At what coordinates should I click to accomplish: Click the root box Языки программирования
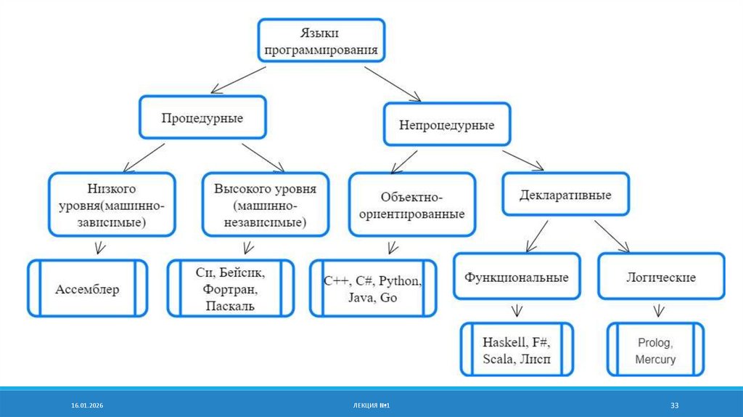321,41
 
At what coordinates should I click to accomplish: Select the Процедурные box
203,117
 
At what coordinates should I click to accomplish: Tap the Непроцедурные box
447,124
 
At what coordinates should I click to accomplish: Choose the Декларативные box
565,195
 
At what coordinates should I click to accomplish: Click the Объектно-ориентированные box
412,204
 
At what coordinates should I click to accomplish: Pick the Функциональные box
517,277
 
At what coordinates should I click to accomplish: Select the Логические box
661,277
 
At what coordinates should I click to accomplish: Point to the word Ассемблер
87,289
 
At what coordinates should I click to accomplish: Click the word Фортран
230,289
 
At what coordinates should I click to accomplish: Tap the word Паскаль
230,306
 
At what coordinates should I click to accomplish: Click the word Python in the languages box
400,281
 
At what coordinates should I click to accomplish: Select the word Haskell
504,342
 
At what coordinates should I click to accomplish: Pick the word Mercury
655,359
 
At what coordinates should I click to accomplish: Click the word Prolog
655,342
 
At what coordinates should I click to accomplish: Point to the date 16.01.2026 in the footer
87,405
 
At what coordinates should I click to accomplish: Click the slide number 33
674,405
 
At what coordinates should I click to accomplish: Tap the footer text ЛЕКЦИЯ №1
371,405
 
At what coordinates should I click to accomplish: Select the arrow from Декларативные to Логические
612,236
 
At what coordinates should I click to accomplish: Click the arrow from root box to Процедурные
238,80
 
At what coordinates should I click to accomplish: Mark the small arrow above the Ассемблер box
100,248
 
